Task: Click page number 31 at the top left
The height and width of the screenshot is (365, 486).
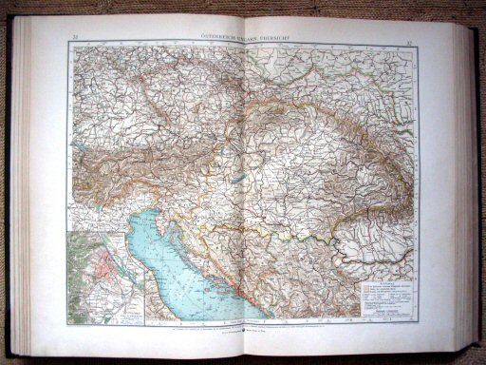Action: [x=73, y=37]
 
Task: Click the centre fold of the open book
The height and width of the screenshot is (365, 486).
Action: [x=244, y=190]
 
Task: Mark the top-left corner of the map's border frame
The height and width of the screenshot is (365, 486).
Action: [x=69, y=44]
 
